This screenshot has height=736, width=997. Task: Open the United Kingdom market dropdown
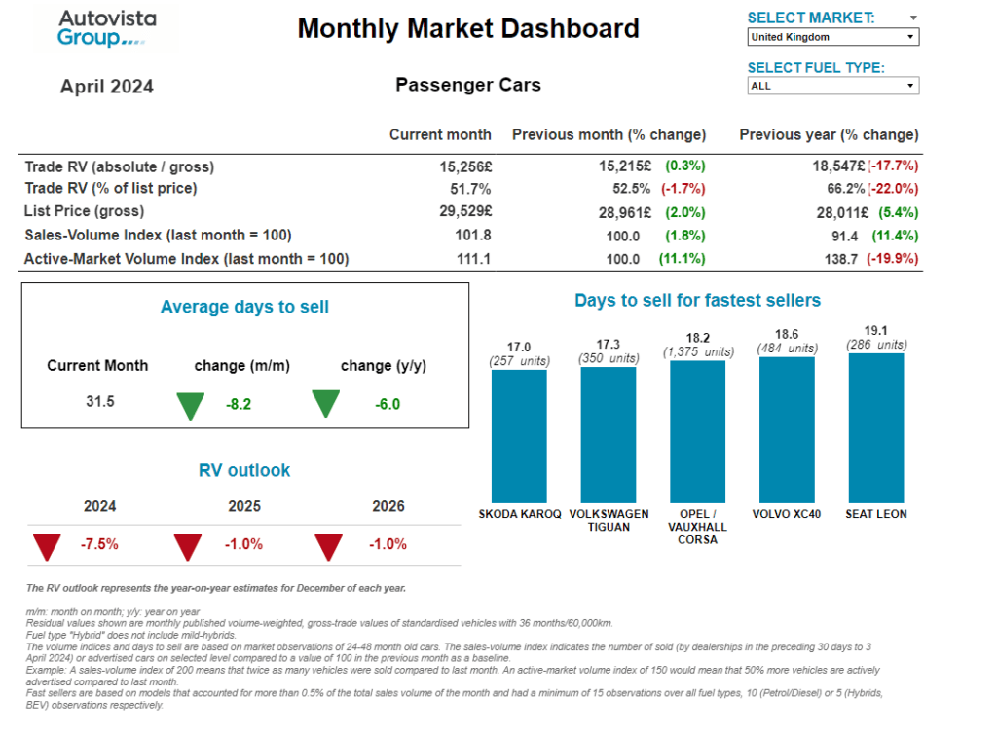pos(832,37)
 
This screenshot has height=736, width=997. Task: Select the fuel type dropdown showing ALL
pos(832,86)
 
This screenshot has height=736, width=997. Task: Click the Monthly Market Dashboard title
pos(468,28)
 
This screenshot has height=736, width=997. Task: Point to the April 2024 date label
pos(107,87)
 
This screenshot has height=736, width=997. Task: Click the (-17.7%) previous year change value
pos(894,166)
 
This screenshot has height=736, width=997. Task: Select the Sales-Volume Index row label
pos(158,235)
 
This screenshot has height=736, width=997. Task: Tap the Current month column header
pos(440,134)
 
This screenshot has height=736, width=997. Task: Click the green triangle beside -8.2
pos(191,404)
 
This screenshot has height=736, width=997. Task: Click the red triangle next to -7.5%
pos(47,546)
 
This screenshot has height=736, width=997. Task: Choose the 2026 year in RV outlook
pos(388,506)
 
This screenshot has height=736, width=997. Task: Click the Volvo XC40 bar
pos(787,428)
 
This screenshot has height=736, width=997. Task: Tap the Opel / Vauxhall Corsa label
pos(697,527)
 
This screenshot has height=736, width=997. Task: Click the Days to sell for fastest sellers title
pos(697,301)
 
